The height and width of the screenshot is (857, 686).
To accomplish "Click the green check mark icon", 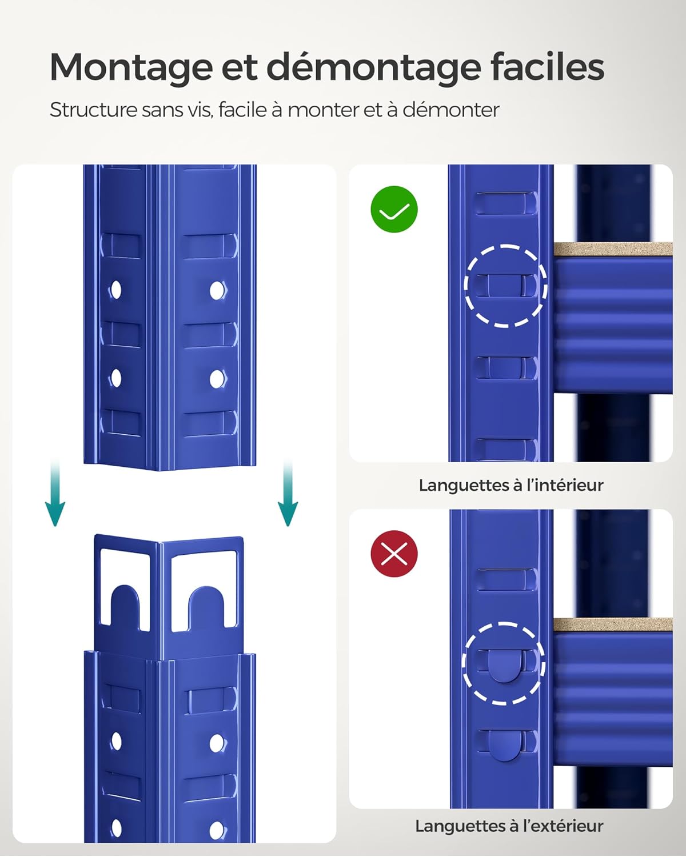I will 394,209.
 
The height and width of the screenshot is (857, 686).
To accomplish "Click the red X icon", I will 394,554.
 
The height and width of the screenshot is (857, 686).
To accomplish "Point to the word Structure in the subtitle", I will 93,110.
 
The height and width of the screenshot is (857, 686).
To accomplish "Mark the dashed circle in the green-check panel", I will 505,286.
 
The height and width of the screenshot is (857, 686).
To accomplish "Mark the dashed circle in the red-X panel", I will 504,663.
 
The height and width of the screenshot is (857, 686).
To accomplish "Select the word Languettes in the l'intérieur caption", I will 462,485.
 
